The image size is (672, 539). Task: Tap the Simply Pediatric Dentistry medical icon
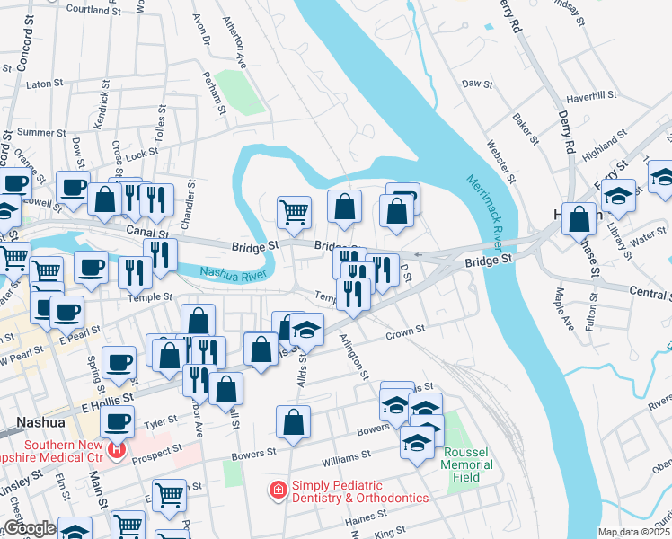pyautogui.click(x=279, y=490)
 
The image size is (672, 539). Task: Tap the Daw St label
pyautogui.click(x=476, y=84)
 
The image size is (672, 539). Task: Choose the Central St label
pyautogui.click(x=649, y=294)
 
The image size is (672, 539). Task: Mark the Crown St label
pyautogui.click(x=405, y=332)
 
